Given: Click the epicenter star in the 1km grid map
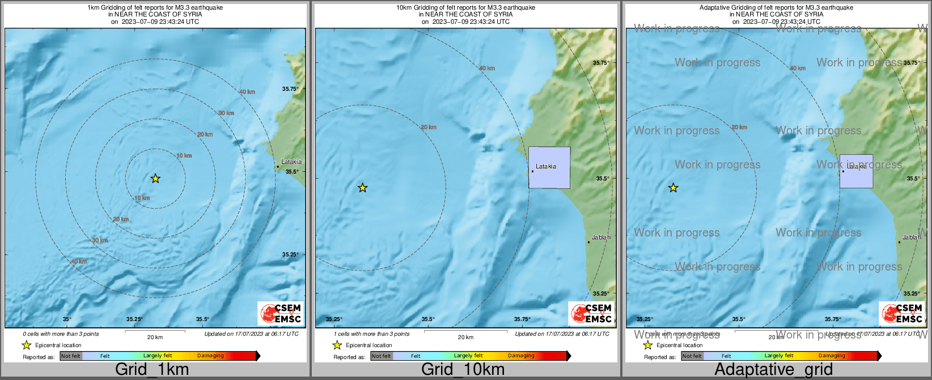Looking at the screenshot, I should point(155,179).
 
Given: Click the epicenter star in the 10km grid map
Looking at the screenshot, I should point(363,188).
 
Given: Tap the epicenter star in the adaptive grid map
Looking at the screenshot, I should point(673,188).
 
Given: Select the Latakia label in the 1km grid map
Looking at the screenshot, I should point(291,162).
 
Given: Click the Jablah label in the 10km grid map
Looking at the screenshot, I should point(601,237).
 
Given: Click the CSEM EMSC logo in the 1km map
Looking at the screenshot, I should point(281,314).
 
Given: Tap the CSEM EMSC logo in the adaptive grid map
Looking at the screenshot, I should point(902,314).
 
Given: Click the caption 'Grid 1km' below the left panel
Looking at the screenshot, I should point(152,369).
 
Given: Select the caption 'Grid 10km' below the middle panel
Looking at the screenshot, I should point(463,369).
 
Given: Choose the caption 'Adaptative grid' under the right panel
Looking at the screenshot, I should point(773,369).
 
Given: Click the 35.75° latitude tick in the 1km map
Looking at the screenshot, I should point(290,88).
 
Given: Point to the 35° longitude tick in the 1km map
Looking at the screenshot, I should point(67,319).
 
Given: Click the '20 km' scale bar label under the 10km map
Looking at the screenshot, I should point(465,337).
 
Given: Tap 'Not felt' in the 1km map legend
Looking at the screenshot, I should point(71,356).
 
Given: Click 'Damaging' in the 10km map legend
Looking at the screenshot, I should point(521,356).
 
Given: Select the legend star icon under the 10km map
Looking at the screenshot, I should point(337,345).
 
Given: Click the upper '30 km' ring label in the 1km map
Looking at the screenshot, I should point(226,113).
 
